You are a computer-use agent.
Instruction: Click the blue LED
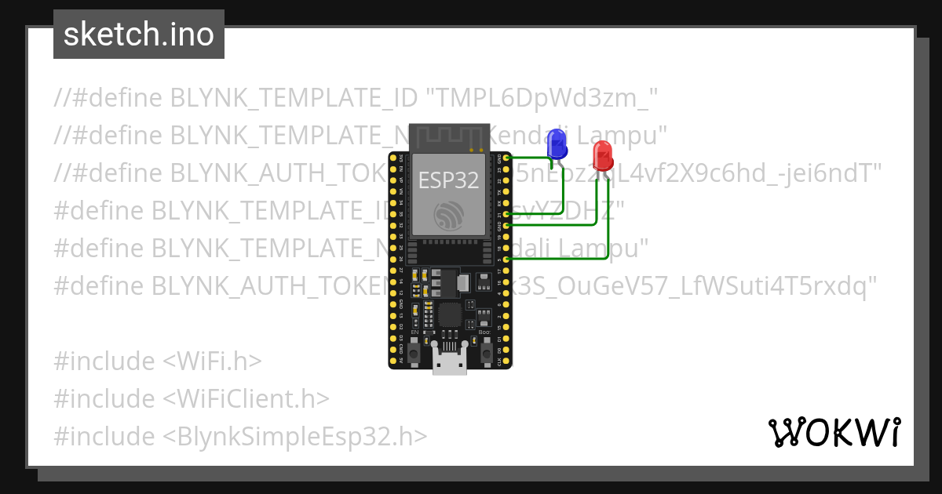coord(557,143)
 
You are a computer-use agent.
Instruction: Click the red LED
coord(602,154)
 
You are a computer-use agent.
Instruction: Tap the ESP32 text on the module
coord(448,180)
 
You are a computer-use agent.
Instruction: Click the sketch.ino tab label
coord(139,35)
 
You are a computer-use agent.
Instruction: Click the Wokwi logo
coord(834,432)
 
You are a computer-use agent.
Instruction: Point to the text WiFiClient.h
coord(246,398)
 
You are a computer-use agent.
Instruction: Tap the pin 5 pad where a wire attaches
coord(508,259)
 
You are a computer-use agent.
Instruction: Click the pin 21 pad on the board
coord(508,214)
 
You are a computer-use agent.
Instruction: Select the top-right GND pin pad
coord(508,158)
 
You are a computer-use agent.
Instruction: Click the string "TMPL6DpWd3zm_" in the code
coord(542,98)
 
